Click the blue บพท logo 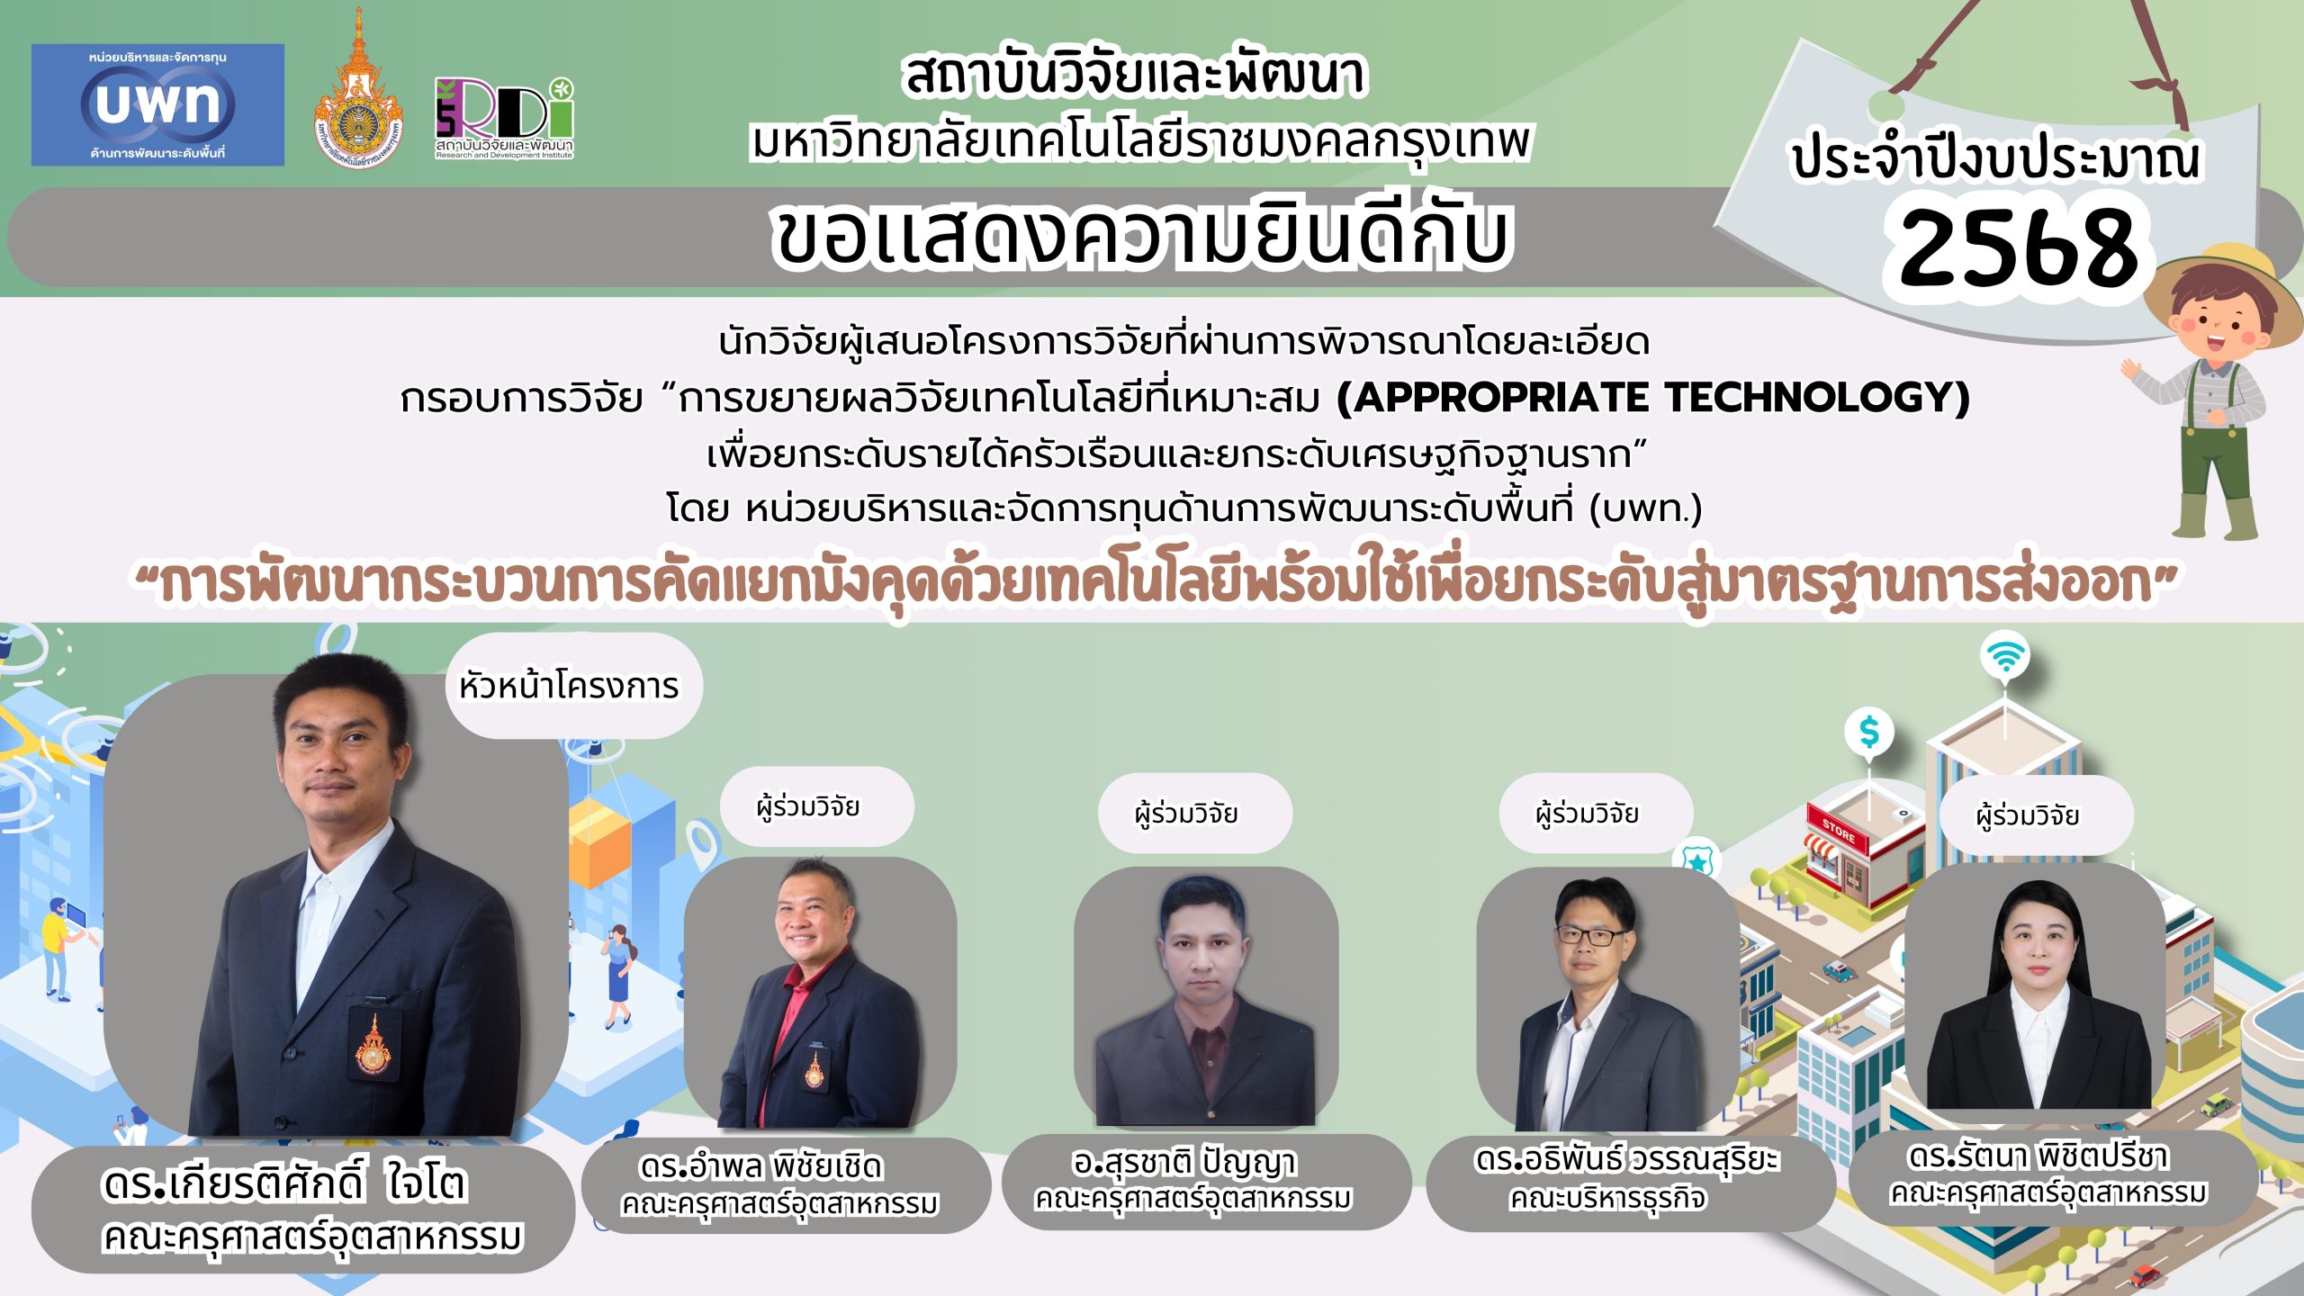[x=157, y=104]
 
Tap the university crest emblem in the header [x=358, y=90]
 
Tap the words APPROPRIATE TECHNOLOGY [x=1653, y=397]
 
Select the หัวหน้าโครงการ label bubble [x=573, y=686]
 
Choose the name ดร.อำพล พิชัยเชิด [x=761, y=1166]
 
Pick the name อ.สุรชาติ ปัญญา [x=1184, y=1163]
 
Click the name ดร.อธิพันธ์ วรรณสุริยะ [x=1627, y=1159]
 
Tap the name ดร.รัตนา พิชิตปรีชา [x=2038, y=1156]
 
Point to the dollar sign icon [x=1869, y=732]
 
